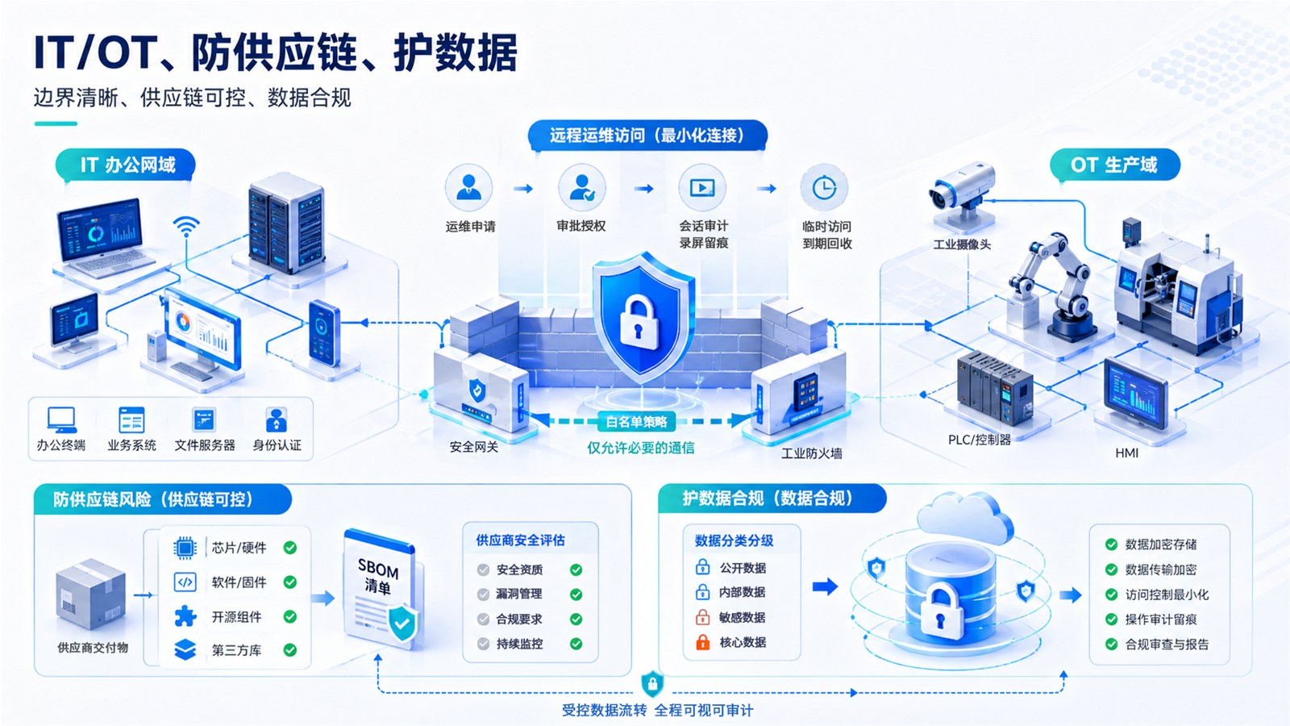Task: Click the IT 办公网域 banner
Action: [126, 165]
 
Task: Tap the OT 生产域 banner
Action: [1115, 165]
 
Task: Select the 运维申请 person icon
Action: [468, 188]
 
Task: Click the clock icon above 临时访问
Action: [824, 188]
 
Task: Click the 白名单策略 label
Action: [636, 422]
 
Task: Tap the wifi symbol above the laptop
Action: [186, 227]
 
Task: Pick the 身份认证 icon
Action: [277, 420]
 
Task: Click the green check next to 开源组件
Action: [290, 617]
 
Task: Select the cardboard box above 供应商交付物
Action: [90, 594]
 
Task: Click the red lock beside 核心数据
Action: [702, 642]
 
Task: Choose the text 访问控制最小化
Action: [1167, 595]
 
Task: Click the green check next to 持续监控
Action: [576, 645]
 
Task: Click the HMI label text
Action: [1126, 453]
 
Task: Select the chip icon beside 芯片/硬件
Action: [185, 548]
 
